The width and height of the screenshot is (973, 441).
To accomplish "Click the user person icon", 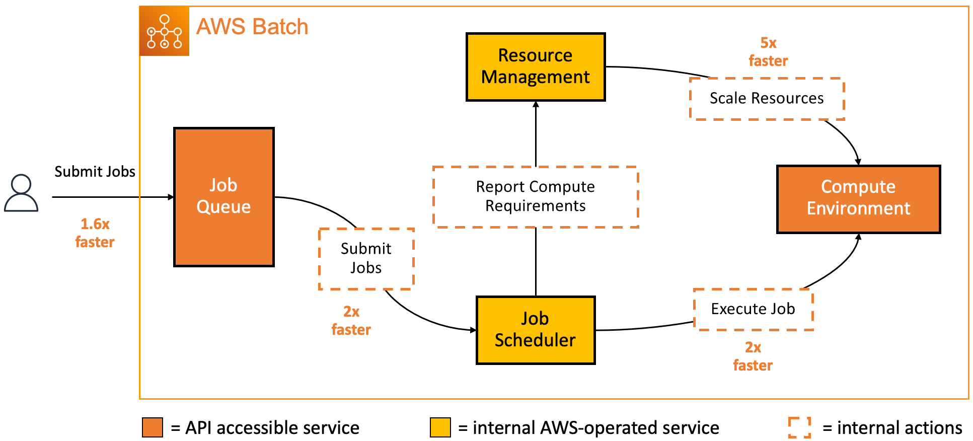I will [x=21, y=193].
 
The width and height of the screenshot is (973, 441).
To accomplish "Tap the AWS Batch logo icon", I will [x=164, y=31].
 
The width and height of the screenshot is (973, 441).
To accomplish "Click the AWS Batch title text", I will [x=252, y=27].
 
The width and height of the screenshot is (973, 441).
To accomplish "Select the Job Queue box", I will [x=223, y=197].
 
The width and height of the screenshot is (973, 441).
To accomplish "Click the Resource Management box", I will [x=535, y=67].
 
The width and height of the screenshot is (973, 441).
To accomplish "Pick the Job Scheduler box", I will [x=535, y=330].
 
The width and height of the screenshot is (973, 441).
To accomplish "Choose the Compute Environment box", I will [x=858, y=199].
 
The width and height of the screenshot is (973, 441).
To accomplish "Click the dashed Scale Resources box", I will [x=766, y=99].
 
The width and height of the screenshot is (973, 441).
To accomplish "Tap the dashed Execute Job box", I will [x=753, y=309].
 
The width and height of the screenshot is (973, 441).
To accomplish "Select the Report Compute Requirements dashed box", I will [x=535, y=197].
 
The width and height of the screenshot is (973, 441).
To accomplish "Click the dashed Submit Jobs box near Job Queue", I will [x=366, y=258].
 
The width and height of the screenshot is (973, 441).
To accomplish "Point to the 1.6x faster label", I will [x=95, y=233].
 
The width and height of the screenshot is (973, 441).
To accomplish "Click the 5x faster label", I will [x=768, y=52].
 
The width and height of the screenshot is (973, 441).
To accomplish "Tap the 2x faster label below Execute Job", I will [x=753, y=356].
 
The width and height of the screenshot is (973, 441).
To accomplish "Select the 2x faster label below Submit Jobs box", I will [x=351, y=321].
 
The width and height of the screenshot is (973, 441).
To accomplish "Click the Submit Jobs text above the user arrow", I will [x=95, y=172].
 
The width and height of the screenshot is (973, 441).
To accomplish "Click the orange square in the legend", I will [x=153, y=427].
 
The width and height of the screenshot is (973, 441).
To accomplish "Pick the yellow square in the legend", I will [x=440, y=427].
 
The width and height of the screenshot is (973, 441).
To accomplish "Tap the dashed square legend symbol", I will [x=799, y=427].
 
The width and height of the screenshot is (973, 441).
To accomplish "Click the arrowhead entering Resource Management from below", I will [x=536, y=105].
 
